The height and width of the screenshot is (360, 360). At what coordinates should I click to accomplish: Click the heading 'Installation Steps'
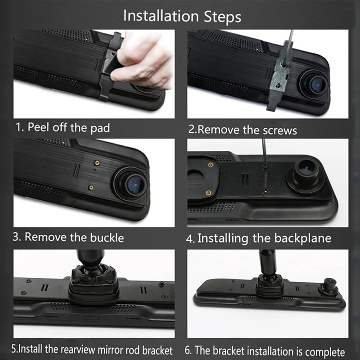click(x=182, y=17)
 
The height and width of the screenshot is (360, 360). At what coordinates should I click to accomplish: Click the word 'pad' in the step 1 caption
click(x=100, y=128)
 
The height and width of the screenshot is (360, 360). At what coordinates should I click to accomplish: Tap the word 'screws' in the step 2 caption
click(x=280, y=130)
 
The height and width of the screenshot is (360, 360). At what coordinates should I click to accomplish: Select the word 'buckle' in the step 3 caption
click(x=107, y=238)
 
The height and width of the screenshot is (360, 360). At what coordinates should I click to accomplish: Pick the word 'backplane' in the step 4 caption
click(x=303, y=238)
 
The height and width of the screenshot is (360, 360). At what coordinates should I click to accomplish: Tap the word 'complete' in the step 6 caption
click(x=325, y=352)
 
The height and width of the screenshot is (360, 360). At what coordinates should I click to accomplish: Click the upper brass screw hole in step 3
click(x=97, y=163)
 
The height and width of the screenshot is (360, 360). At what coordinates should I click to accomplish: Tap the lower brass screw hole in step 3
click(x=91, y=188)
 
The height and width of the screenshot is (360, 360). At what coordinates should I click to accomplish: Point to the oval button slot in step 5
click(x=92, y=318)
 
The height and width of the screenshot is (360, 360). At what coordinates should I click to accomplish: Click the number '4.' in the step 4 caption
click(x=190, y=239)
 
